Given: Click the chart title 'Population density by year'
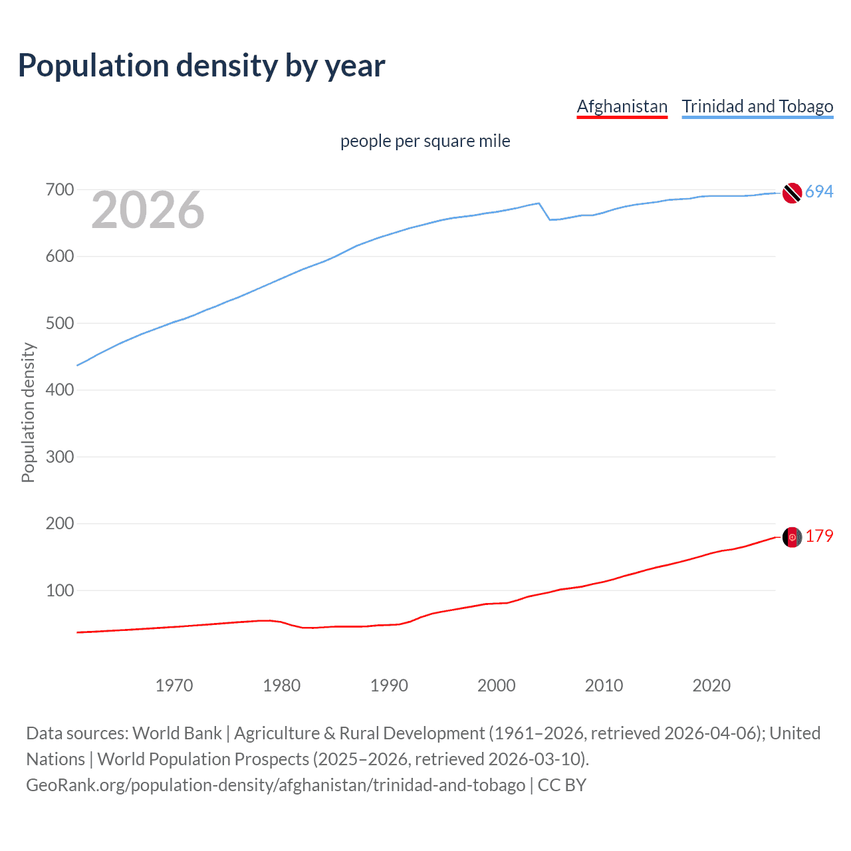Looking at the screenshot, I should pos(201,66).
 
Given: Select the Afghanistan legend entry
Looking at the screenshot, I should pos(622,106).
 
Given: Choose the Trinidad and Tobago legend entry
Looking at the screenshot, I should pos(757,106).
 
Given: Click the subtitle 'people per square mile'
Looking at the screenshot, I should pos(425,141).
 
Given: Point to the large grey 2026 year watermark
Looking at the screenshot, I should pos(148,210).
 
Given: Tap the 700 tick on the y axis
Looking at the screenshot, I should pos(59,190).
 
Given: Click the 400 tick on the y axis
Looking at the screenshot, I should pos(59,390).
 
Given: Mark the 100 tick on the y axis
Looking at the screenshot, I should pos(59,590).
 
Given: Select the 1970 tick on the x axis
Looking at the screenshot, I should pos(174,685).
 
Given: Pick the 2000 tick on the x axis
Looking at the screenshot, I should pos(496,685).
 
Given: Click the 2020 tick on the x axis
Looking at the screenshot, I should pos(711,685).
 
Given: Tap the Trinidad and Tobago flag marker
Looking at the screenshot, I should pos(792,193).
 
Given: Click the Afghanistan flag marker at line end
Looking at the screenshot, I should pos(792,537).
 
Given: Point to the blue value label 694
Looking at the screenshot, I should pos(819,192).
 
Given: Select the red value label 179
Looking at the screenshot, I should pos(819,537).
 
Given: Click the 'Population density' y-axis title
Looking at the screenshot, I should pos(28,412).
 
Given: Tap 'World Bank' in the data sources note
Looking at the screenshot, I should pos(177,733).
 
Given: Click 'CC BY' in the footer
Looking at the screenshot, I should pos(562,785).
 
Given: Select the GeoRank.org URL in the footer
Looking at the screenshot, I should pos(275,785).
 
